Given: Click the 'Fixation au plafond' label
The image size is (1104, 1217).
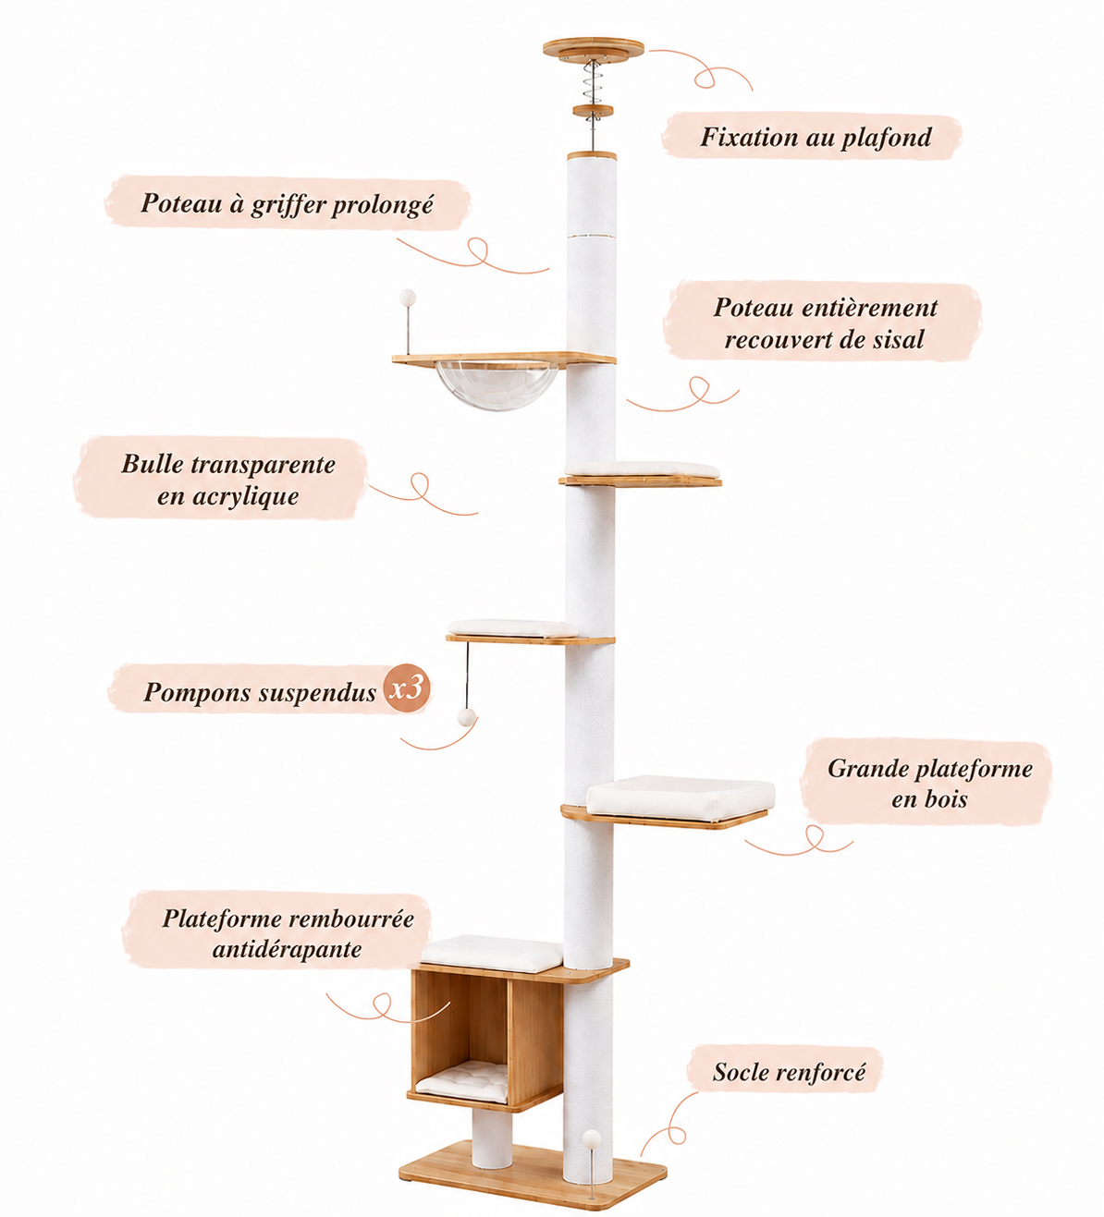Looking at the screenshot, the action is pos(815,137).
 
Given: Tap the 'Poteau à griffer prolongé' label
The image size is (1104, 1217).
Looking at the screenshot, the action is pos(288,204).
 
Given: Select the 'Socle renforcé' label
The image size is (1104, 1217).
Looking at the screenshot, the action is pos(788,1072).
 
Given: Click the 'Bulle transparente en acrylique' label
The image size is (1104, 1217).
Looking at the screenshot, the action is pos(227,480).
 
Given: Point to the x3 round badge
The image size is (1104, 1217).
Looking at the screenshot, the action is pos(407,688).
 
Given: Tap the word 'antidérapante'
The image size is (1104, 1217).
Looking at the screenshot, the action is pos(287,949).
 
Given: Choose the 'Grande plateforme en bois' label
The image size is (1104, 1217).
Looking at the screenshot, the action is pos(930,784).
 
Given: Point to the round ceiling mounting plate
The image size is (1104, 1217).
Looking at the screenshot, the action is pos(594,49).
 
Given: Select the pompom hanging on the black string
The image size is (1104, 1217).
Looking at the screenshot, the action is pos(466,717).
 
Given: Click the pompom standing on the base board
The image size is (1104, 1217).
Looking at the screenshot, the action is pos(591,1138).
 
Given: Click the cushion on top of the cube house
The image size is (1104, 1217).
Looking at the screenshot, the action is pos(493,954).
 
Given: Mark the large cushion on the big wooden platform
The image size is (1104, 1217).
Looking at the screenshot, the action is pos(681,797).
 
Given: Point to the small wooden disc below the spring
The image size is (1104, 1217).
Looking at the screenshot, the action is pos(594,111).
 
